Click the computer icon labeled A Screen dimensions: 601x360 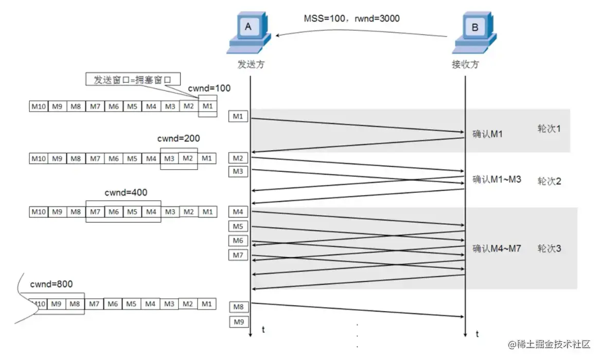249,33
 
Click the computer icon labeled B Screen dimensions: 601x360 474,33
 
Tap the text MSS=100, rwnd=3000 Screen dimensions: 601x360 351,19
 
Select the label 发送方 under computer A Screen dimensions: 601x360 251,64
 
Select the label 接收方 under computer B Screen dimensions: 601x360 465,64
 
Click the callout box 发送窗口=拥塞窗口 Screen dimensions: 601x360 133,79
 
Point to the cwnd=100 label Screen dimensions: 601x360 209,88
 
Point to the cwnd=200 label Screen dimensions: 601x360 179,138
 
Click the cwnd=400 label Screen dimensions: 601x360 126,192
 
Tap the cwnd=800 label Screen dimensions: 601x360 51,284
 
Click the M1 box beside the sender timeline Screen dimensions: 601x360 238,116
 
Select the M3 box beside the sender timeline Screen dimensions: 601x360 238,171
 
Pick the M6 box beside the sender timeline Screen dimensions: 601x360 238,241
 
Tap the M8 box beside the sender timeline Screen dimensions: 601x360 238,307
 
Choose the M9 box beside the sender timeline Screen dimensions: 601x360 238,322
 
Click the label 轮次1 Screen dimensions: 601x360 549,128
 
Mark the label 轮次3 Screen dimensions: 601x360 549,248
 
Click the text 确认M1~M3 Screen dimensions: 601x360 497,179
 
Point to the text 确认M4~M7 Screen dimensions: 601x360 497,248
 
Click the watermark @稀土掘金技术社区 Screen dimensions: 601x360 549,344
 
